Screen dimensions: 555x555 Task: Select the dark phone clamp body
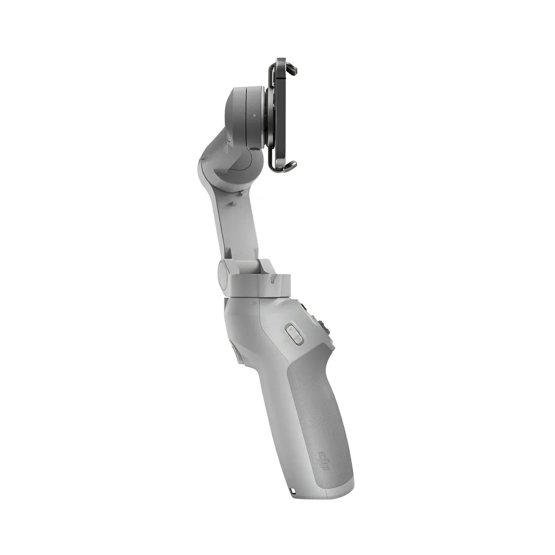(x=276, y=116)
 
